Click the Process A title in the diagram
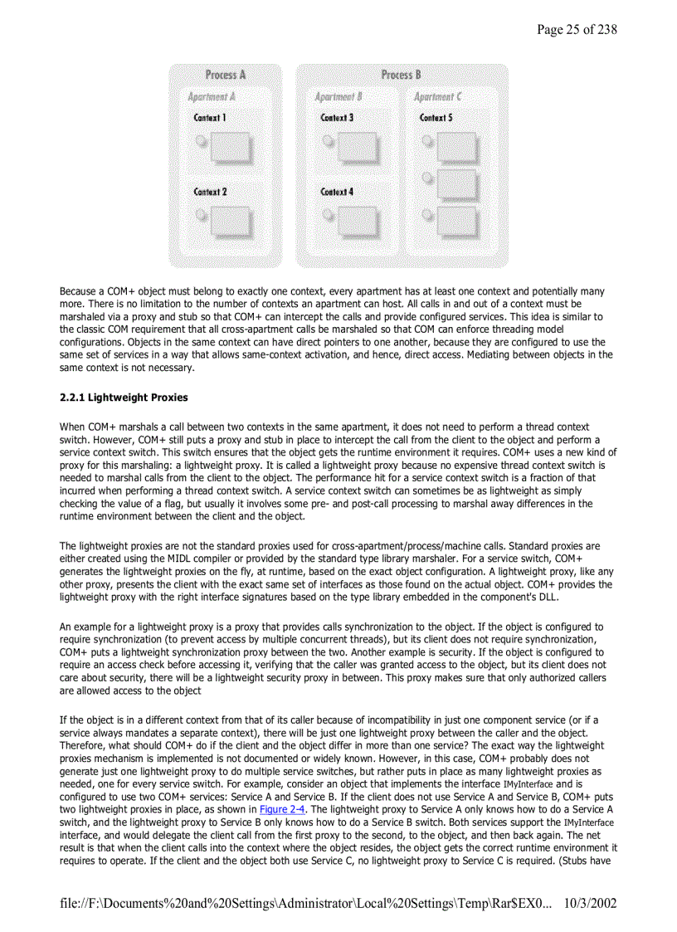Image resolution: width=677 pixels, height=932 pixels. click(225, 75)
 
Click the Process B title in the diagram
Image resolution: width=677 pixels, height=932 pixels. click(402, 75)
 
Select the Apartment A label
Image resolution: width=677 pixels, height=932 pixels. click(211, 97)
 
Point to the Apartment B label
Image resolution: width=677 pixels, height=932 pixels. click(338, 97)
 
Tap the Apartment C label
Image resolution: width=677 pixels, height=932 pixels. click(438, 97)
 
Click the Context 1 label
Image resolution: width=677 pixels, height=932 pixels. click(210, 118)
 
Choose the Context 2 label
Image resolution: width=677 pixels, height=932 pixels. click(210, 192)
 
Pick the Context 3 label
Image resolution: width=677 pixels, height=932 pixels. click(337, 118)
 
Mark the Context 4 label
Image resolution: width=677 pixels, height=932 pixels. click(337, 192)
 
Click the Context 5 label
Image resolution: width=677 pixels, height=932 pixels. click(436, 118)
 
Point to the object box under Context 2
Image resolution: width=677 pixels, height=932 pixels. click(229, 221)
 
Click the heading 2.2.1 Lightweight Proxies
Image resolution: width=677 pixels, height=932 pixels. click(124, 398)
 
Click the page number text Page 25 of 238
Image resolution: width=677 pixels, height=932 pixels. click(577, 30)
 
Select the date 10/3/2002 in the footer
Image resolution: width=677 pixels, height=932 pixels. click(589, 902)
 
